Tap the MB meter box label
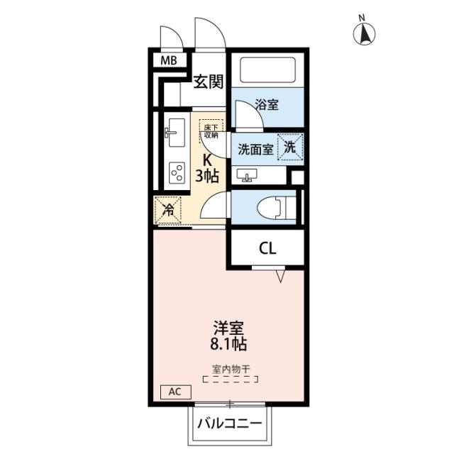[168, 60]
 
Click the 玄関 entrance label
[209, 82]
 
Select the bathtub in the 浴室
[269, 70]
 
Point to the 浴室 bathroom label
[267, 105]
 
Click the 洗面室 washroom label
[255, 149]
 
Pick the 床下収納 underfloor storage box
[211, 130]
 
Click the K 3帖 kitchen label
[207, 167]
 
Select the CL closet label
[267, 248]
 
